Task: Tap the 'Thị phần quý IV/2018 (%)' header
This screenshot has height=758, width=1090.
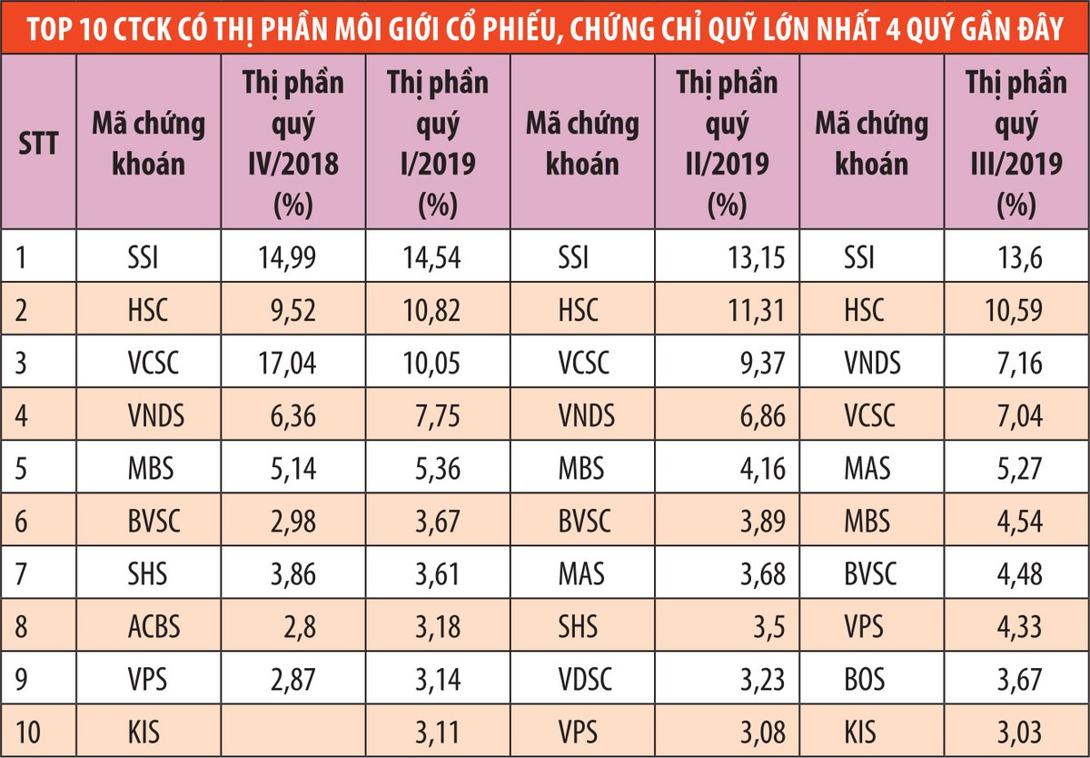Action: click(x=292, y=144)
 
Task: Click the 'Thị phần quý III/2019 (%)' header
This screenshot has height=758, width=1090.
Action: click(x=1016, y=144)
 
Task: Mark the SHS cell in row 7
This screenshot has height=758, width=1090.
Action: click(x=148, y=574)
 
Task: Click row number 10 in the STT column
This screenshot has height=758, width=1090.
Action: click(x=31, y=731)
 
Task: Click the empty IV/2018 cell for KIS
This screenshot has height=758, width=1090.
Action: click(x=292, y=731)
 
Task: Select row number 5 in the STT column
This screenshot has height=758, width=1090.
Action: click(x=25, y=469)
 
